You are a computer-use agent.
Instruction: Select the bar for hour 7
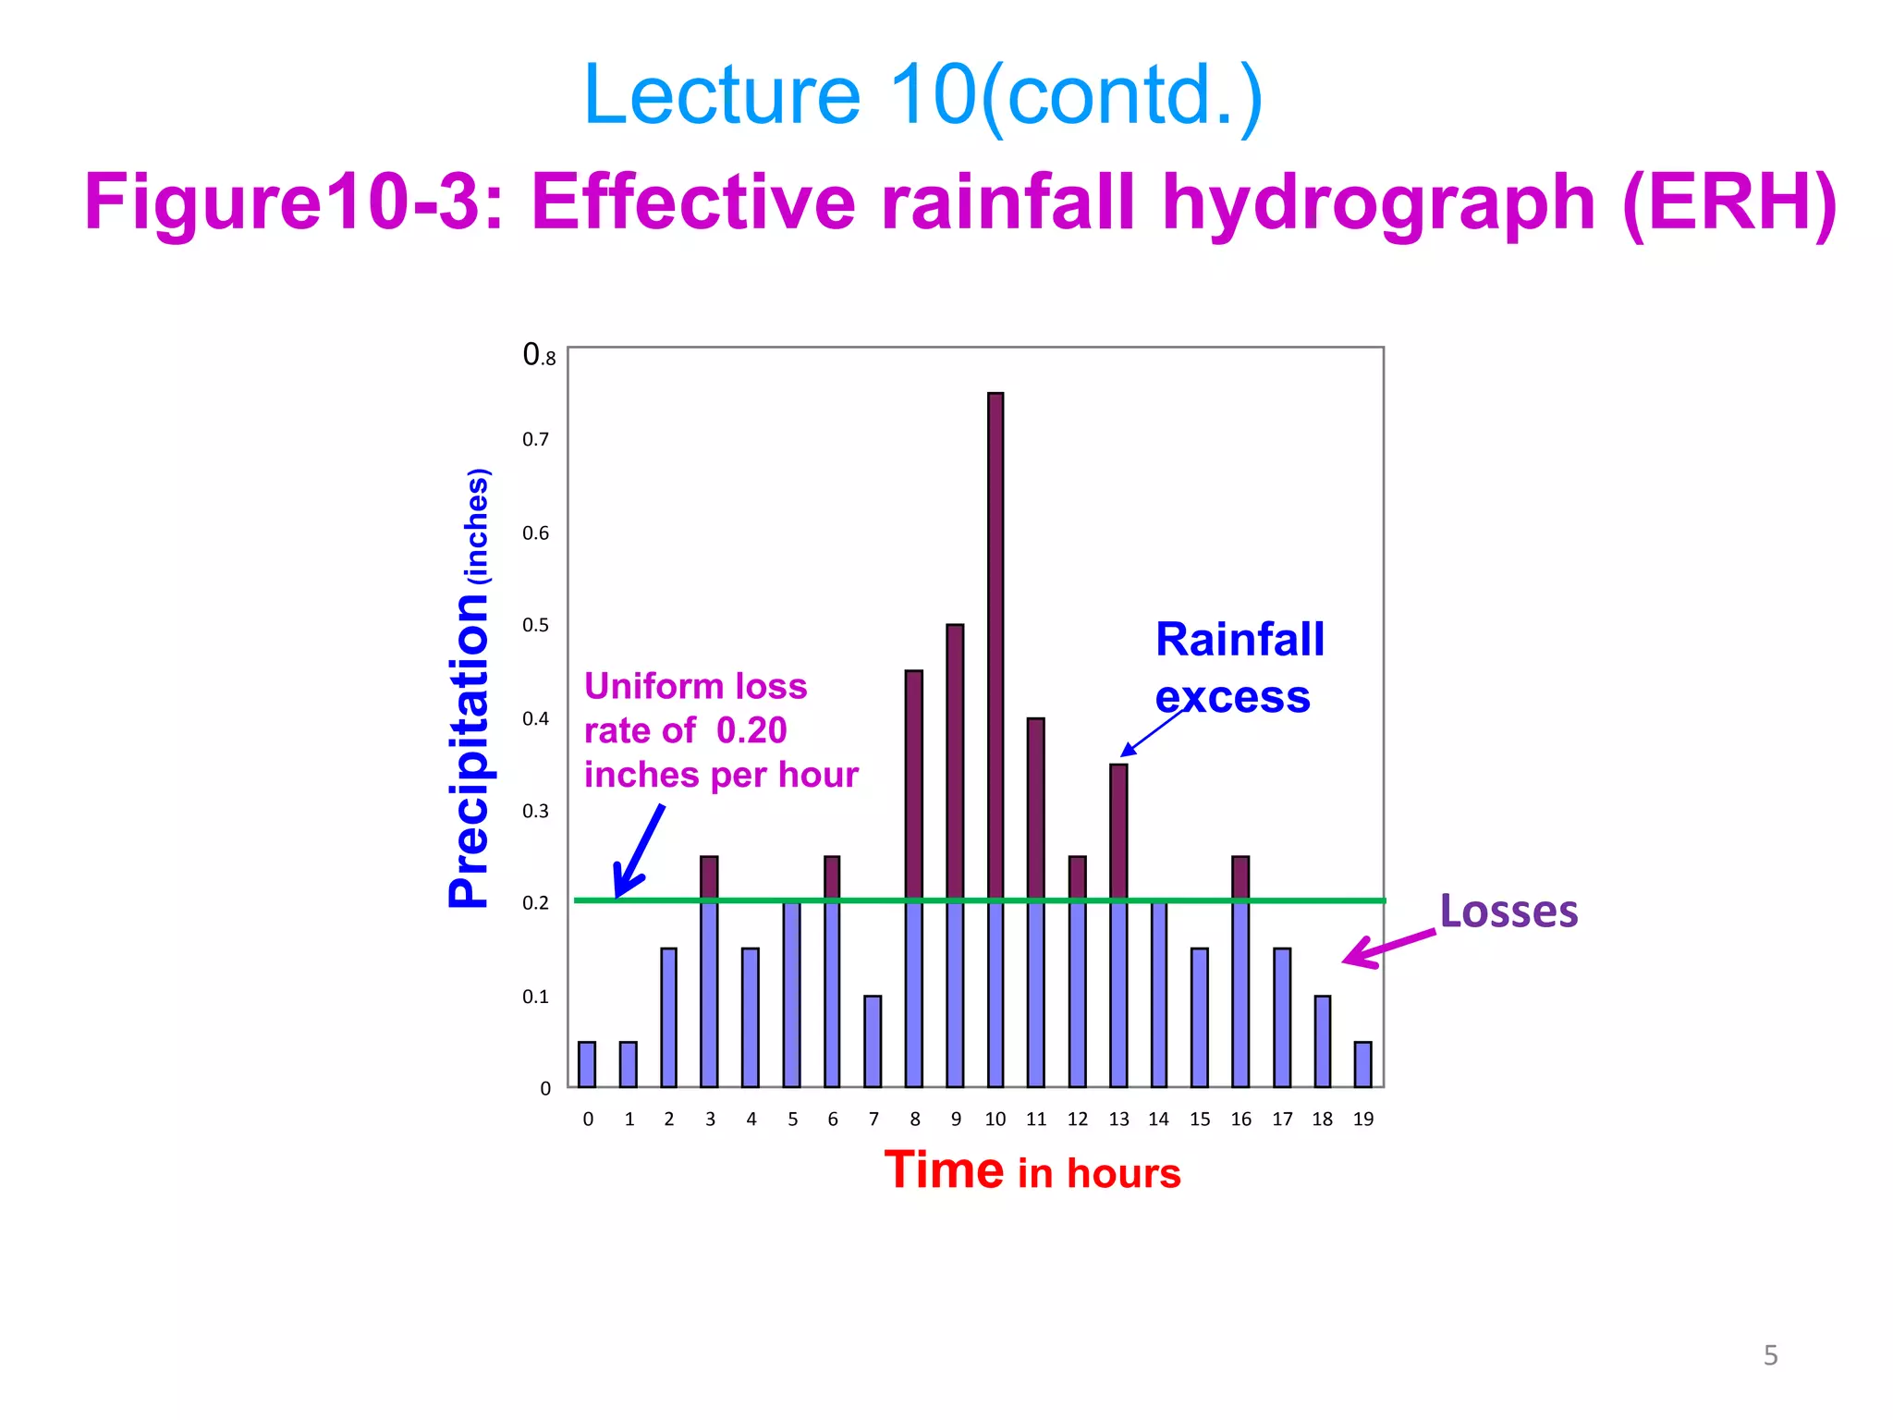pyautogui.click(x=873, y=1041)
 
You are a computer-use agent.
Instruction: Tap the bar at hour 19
pyautogui.click(x=1362, y=1064)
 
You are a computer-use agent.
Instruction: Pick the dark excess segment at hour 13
pyautogui.click(x=1118, y=830)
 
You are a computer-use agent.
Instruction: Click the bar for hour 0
pyautogui.click(x=587, y=1064)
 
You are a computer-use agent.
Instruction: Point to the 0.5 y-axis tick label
pyautogui.click(x=535, y=626)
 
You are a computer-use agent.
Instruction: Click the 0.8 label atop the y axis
pyautogui.click(x=539, y=355)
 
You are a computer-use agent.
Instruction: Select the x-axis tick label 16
pyautogui.click(x=1240, y=1120)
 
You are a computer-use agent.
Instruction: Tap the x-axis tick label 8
pyautogui.click(x=914, y=1120)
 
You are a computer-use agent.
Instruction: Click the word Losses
pyautogui.click(x=1508, y=912)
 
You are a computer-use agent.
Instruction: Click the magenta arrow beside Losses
pyautogui.click(x=1387, y=948)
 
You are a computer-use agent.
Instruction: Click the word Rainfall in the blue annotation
pyautogui.click(x=1240, y=640)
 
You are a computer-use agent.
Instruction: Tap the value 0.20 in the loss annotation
pyautogui.click(x=751, y=731)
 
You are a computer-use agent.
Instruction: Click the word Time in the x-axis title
pyautogui.click(x=944, y=1170)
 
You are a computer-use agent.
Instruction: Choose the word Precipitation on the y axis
pyautogui.click(x=469, y=750)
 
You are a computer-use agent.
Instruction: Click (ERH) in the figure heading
pyautogui.click(x=1728, y=203)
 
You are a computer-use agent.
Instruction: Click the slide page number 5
pyautogui.click(x=1770, y=1355)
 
